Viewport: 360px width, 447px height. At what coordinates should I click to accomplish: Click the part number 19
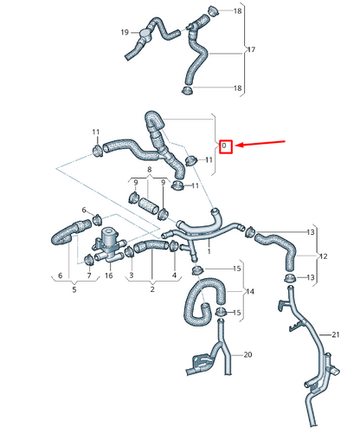[125, 33]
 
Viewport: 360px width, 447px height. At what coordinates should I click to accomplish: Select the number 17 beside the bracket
[252, 49]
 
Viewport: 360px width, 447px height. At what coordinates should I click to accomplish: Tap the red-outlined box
[224, 146]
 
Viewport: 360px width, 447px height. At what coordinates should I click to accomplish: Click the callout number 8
[149, 171]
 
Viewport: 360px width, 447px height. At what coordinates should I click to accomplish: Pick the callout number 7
[89, 275]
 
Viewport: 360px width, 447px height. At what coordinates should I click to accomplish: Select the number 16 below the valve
[108, 275]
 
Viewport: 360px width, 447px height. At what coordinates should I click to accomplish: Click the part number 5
[74, 288]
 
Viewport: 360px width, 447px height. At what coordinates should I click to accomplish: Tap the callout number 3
[131, 275]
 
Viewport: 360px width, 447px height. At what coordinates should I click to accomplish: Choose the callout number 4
[176, 275]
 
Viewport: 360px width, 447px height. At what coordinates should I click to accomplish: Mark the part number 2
[153, 288]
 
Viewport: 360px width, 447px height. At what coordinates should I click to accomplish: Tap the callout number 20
[247, 355]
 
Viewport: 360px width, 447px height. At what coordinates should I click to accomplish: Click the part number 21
[337, 334]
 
